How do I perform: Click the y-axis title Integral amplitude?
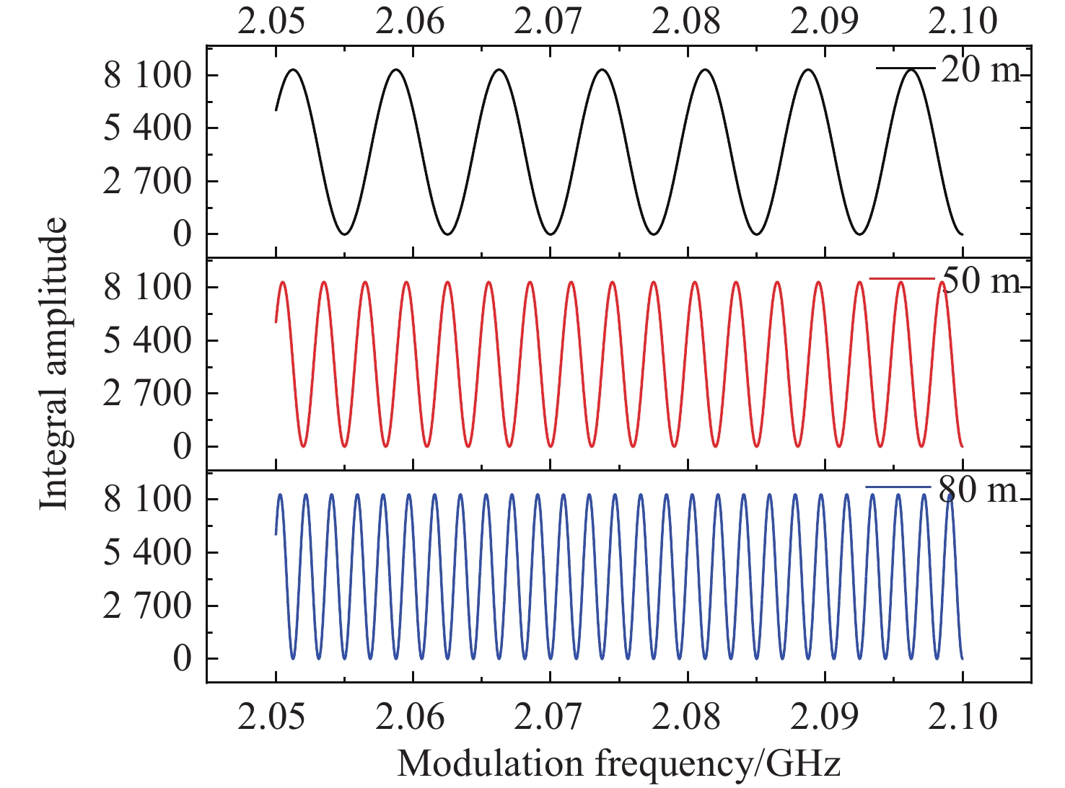53,363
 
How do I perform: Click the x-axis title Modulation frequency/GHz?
618,763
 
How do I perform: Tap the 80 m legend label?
978,490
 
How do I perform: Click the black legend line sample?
906,68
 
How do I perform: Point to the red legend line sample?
902,278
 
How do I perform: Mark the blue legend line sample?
898,488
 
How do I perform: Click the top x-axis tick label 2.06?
410,22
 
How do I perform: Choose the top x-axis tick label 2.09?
824,22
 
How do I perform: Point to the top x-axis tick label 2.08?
686,22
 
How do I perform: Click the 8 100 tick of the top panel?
148,75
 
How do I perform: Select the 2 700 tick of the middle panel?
148,394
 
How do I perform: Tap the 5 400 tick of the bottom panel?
148,553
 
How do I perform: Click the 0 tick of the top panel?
182,234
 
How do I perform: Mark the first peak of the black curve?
294,69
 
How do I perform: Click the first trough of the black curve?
344,234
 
